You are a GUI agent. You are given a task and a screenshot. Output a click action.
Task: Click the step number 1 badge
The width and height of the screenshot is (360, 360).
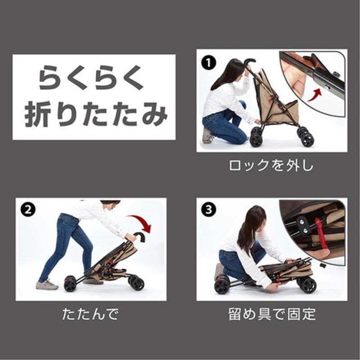click(207, 62)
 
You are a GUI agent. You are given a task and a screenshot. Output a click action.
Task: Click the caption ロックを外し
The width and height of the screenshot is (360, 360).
click(271, 165)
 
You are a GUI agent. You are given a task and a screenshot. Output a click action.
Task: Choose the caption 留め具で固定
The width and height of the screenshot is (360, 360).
click(271, 314)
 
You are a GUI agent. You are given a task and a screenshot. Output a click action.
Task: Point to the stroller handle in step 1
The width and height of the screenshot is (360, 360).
click(249, 62)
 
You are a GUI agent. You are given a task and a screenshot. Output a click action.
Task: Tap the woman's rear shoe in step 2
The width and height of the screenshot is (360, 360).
click(47, 285)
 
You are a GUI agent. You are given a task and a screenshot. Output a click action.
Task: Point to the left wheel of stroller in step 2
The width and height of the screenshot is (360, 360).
click(70, 283)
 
